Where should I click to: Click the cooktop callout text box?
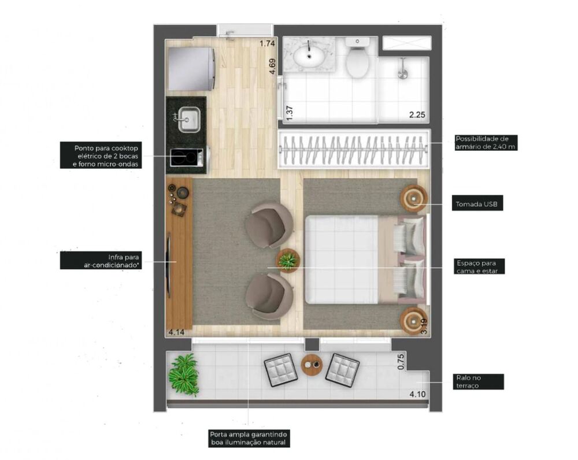[x=101, y=156]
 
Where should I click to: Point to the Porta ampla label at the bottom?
[x=249, y=439]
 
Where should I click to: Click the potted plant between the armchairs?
[x=287, y=260]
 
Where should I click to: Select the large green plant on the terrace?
[x=184, y=375]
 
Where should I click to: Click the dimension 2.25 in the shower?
[x=417, y=115]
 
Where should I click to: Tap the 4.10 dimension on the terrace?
[x=417, y=395]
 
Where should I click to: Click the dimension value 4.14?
[x=176, y=332]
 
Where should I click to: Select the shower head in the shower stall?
[x=404, y=73]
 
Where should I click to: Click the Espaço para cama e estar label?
[x=480, y=266]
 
